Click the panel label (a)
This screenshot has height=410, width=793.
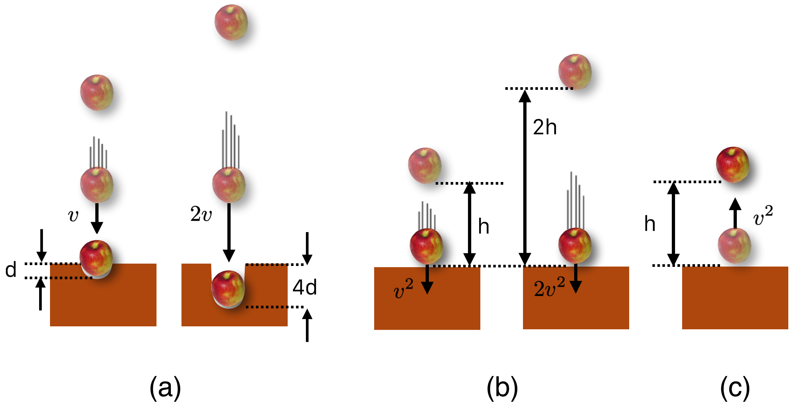pos(165,388)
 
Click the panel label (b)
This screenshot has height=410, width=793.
pos(502,388)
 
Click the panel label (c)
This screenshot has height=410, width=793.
pos(735,388)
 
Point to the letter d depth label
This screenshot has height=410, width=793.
pos(11,270)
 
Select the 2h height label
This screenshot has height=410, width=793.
pos(544,127)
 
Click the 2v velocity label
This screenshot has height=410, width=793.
pos(201,214)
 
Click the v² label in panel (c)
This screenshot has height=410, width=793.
pos(763,216)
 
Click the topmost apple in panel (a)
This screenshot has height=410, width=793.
pos(231,22)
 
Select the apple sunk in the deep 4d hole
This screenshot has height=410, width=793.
pos(228,289)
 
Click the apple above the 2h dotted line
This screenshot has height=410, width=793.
pos(575,72)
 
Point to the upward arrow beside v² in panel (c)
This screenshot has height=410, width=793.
pos(735,213)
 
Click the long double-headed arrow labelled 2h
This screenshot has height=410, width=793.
pos(524,177)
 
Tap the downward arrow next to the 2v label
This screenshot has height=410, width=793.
pos(229,231)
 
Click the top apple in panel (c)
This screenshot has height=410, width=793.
pos(732,165)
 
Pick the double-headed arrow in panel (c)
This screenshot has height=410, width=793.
pos(673,224)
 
